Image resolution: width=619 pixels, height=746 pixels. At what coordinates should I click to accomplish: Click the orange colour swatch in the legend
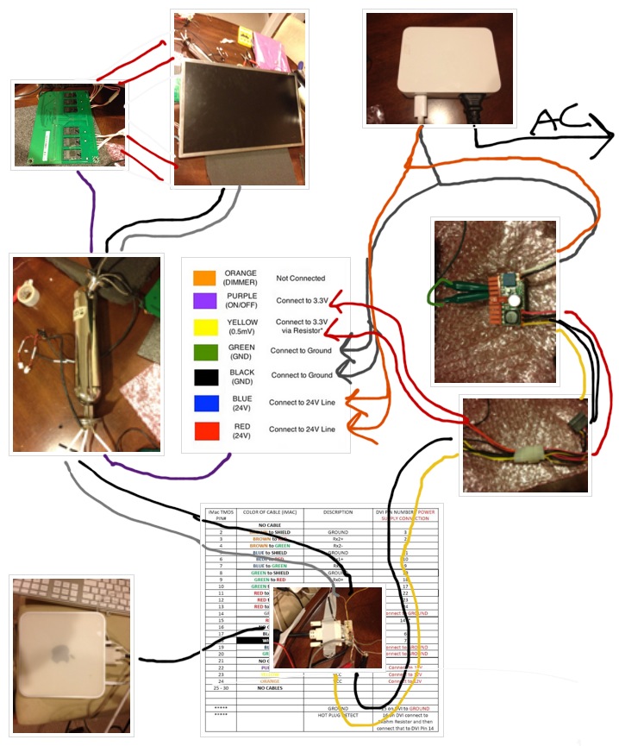click(204, 277)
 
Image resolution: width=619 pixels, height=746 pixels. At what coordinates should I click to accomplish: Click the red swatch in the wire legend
click(204, 429)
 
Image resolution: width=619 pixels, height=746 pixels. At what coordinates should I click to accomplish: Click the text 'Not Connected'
click(301, 279)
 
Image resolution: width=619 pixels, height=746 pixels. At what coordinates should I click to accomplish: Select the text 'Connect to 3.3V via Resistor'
click(301, 325)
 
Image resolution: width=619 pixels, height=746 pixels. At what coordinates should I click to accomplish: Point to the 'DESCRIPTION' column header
click(338, 512)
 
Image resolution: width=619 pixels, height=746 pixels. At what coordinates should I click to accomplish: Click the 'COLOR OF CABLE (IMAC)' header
click(259, 512)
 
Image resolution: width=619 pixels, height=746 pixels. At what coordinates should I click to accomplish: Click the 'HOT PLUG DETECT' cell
click(338, 715)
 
